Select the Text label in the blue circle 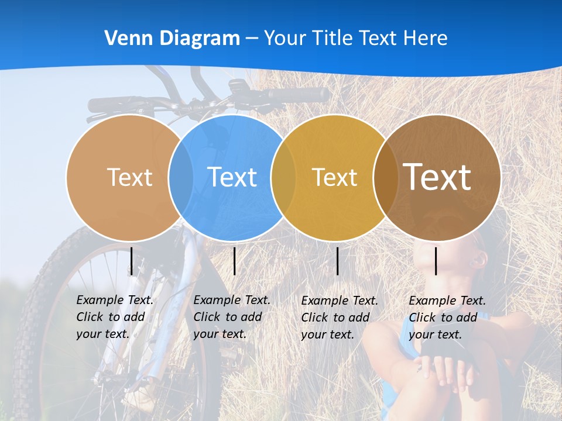pos(232,177)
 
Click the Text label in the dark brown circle pos(437,177)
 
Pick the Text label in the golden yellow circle pos(334,177)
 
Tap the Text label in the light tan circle pos(129,177)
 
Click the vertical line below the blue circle pos(234,261)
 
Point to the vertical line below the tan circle pos(131,261)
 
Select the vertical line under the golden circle pos(337,261)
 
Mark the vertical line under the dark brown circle pos(436,261)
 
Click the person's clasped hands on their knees pos(445,371)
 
